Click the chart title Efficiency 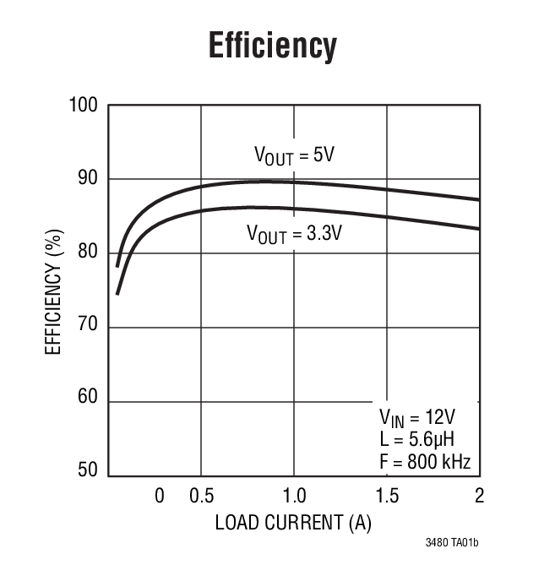272,46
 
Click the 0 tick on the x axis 159,496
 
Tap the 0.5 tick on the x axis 200,496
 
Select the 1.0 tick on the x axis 293,496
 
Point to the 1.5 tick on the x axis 387,496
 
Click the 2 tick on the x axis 479,496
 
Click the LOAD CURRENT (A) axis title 293,523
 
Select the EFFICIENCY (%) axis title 54,289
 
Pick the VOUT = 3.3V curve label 294,232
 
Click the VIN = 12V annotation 416,419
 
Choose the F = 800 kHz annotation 425,462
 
